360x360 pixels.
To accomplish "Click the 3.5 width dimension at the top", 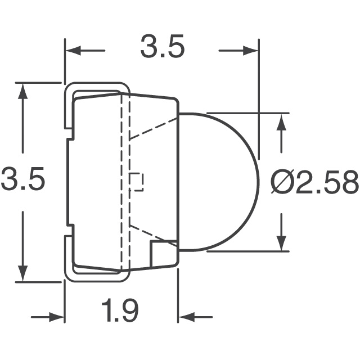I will [x=162, y=49].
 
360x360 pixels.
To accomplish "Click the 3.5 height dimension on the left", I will [x=22, y=181].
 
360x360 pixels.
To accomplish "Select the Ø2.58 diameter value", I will [x=314, y=183].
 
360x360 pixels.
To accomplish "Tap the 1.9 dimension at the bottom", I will [x=120, y=310].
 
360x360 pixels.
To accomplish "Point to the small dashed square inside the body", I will [x=137, y=181].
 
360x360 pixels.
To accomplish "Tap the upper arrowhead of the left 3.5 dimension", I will [x=22, y=90].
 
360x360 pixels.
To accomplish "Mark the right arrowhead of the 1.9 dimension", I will [x=186, y=318].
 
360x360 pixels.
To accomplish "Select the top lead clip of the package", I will [x=96, y=90].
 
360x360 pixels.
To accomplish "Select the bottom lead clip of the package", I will [x=96, y=273].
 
